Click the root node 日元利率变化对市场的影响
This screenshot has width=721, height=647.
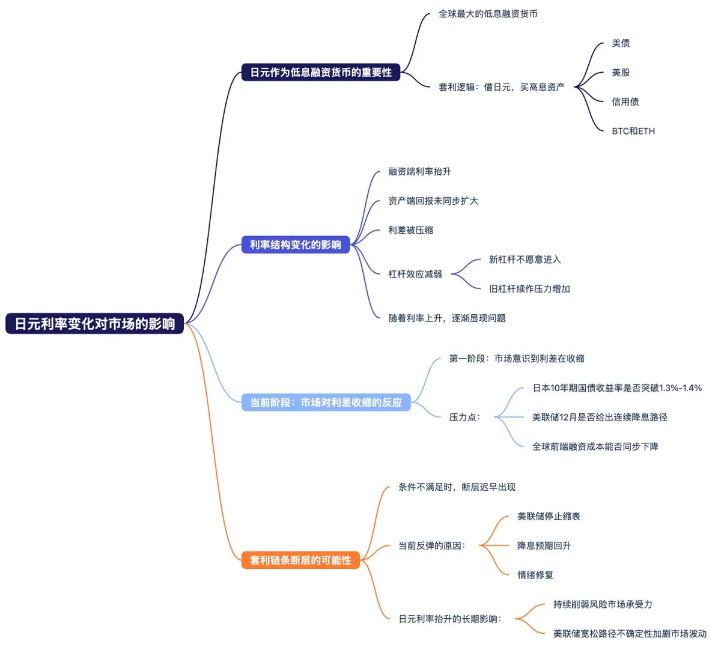[x=95, y=324]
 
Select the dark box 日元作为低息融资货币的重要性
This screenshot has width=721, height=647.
[x=320, y=73]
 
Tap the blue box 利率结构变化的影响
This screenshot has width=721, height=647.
[x=295, y=245]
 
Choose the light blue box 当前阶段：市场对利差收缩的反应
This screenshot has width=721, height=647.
[x=326, y=402]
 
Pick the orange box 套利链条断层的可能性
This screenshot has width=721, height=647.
[x=300, y=560]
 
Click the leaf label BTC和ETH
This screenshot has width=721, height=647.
[x=633, y=131]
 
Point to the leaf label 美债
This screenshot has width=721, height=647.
[x=621, y=43]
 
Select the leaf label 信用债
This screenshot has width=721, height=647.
[x=625, y=102]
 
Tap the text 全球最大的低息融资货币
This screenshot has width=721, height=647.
[x=488, y=14]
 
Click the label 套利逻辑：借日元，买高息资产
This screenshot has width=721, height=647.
[x=501, y=87]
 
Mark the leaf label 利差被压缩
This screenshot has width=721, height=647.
[x=410, y=230]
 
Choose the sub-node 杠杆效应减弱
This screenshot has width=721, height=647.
[x=415, y=274]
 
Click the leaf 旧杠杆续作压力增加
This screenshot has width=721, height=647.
[x=529, y=289]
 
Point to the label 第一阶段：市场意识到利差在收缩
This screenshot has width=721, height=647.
[x=516, y=359]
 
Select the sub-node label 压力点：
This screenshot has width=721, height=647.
[x=464, y=417]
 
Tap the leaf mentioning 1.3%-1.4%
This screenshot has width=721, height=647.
[x=616, y=388]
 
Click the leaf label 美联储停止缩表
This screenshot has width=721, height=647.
[x=549, y=517]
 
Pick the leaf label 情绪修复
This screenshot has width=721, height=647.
[x=535, y=575]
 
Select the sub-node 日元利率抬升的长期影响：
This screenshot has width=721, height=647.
[x=449, y=619]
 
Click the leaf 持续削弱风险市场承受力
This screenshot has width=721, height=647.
[x=602, y=604]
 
